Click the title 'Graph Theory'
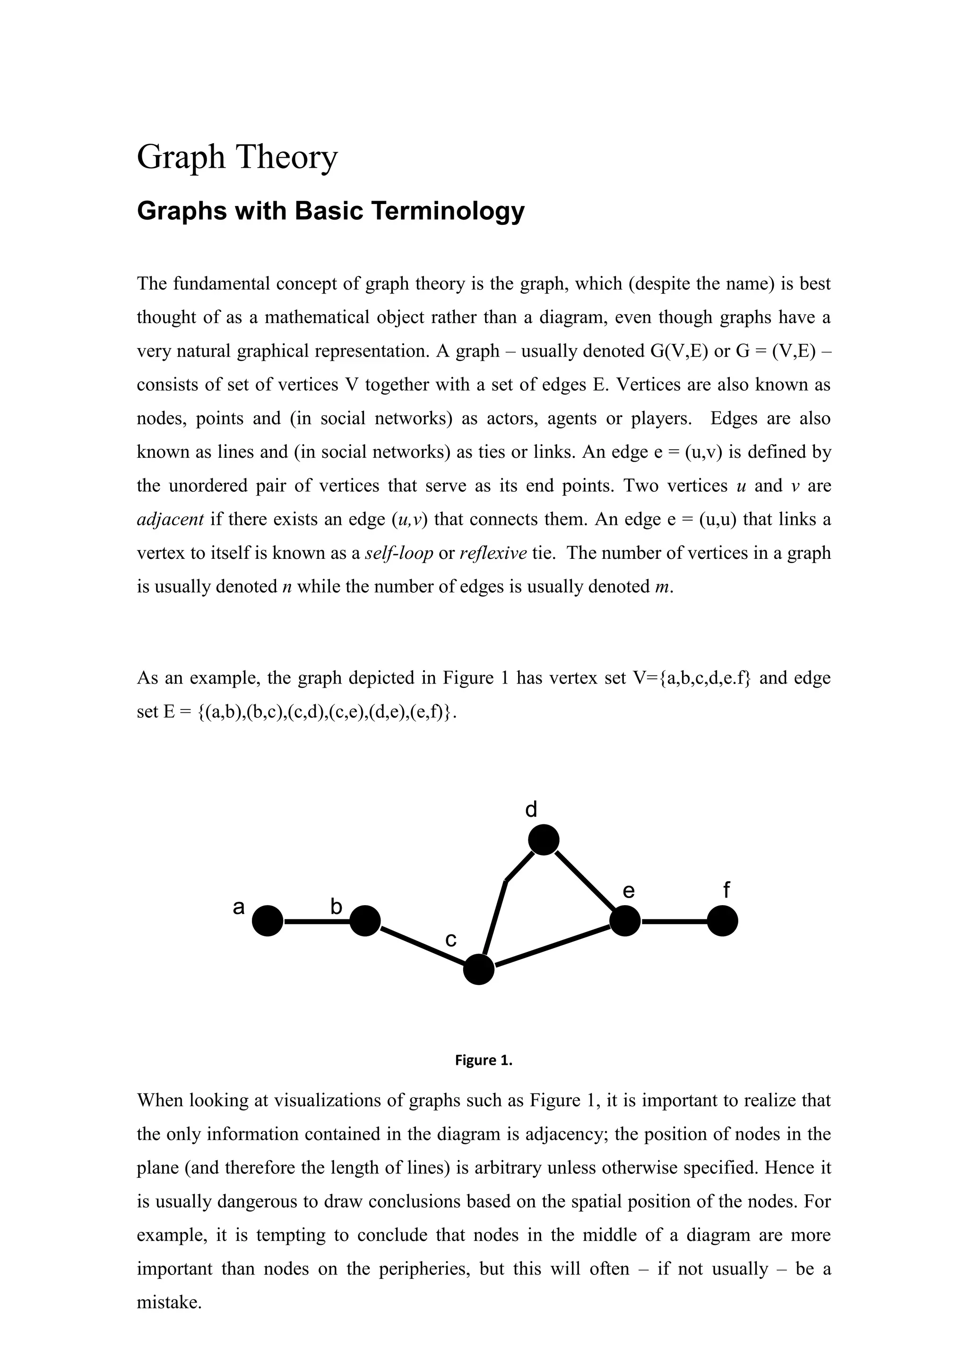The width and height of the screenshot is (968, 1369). (x=237, y=157)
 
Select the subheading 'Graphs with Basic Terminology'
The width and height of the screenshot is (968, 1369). (x=330, y=211)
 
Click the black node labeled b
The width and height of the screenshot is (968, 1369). (x=364, y=921)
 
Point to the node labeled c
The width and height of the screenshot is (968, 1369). (x=478, y=969)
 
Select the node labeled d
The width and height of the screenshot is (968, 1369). (x=544, y=840)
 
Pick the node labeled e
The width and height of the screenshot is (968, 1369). (x=625, y=921)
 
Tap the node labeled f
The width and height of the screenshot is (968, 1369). (x=722, y=921)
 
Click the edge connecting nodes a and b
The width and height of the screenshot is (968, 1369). (x=316, y=921)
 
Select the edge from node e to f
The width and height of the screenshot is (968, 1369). (x=674, y=921)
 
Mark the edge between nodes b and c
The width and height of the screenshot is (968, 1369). (x=422, y=945)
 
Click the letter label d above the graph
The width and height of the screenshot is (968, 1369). (x=531, y=810)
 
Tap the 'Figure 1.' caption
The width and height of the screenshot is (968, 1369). (x=484, y=1060)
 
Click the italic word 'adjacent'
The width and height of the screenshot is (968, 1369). (x=170, y=520)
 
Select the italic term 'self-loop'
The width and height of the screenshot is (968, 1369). (x=398, y=553)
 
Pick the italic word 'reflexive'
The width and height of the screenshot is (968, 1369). (x=493, y=553)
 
